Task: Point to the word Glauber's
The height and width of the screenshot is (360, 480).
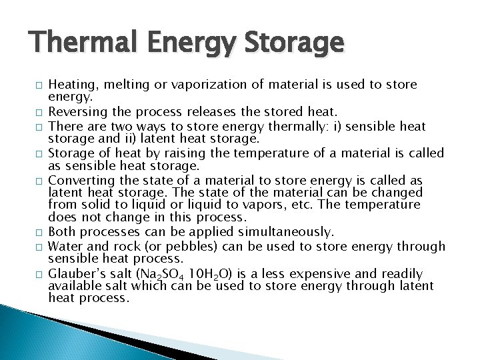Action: coord(76,274)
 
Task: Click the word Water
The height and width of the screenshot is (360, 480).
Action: coord(65,246)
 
